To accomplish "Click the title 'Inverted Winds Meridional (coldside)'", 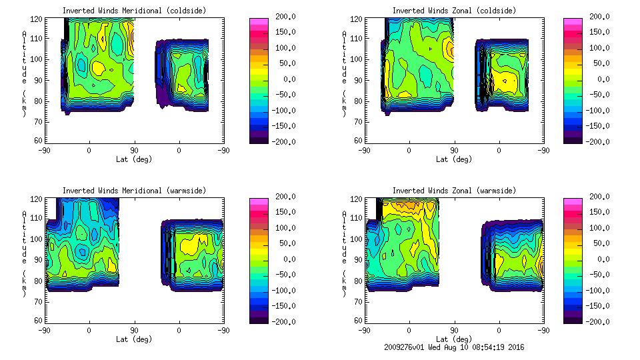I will click(134, 11).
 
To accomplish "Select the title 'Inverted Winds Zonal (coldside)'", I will click(454, 11).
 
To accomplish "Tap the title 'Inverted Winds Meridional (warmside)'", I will click(134, 191).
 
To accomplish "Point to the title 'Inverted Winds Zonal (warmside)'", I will click(454, 191).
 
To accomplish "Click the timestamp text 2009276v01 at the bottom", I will click(406, 347).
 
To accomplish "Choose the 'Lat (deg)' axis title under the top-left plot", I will click(134, 159).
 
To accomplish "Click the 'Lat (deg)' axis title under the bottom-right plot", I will click(454, 339).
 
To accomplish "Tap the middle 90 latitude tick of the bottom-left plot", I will click(134, 330).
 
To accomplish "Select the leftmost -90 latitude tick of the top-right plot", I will click(365, 150).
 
